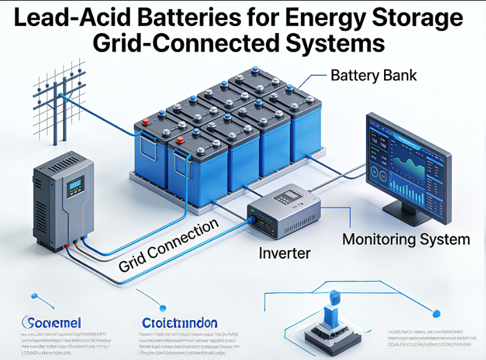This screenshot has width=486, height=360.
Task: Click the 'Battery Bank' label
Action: (374, 76)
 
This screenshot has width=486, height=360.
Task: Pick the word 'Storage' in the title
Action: (410, 18)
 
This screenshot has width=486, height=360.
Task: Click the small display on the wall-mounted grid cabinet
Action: (76, 184)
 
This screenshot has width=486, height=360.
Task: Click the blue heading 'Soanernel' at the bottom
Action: (52, 323)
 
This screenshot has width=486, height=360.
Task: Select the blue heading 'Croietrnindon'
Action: (180, 323)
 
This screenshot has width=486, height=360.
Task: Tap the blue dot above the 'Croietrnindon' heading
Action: (163, 307)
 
